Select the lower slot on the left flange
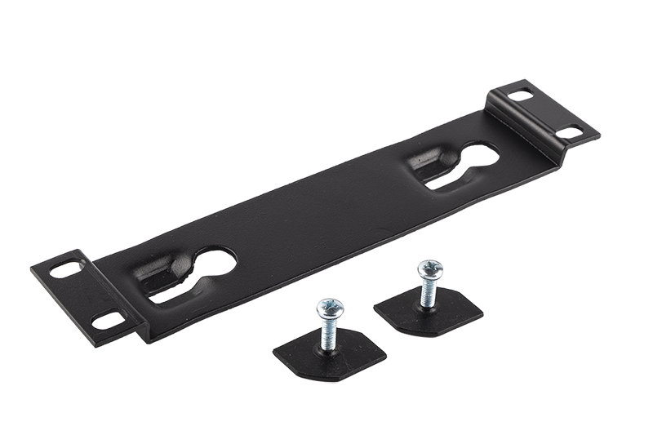[105, 321]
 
